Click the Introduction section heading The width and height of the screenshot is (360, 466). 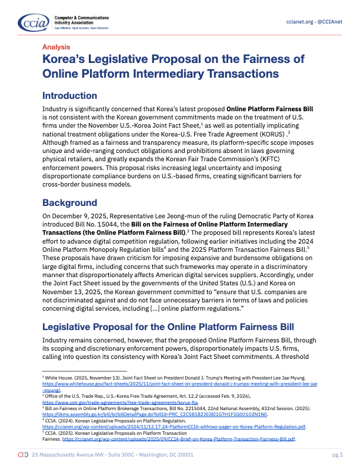(x=69, y=96)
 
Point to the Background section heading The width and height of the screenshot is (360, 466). (x=69, y=203)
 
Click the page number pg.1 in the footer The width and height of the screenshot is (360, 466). (x=338, y=455)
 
